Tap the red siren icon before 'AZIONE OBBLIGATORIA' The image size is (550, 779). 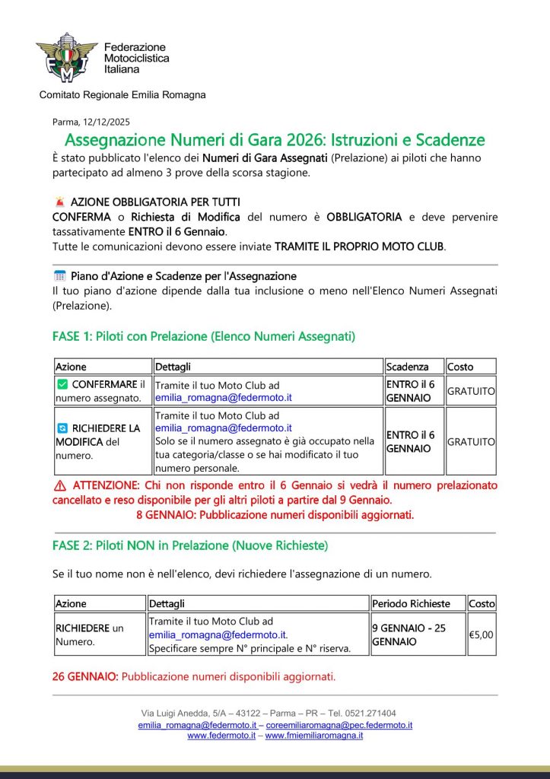click(x=60, y=202)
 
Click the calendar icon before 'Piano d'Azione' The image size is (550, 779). click(x=60, y=276)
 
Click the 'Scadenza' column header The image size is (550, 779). click(x=407, y=367)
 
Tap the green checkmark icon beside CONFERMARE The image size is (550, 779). click(x=62, y=385)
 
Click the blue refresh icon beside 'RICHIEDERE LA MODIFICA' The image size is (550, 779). click(x=62, y=428)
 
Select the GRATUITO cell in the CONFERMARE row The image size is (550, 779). click(x=471, y=391)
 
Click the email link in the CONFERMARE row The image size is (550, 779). click(x=224, y=397)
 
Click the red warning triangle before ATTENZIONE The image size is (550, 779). click(x=60, y=485)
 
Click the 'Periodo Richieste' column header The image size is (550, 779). click(x=411, y=603)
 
